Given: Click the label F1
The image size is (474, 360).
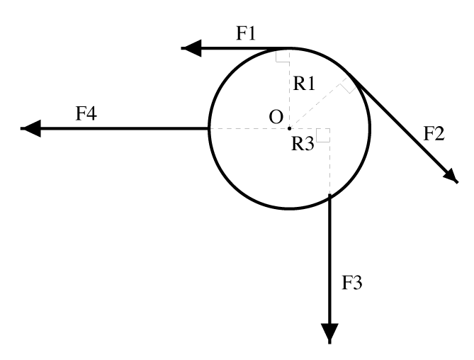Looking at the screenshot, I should pyautogui.click(x=247, y=33).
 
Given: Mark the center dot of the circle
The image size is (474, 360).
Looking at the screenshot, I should pyautogui.click(x=289, y=128).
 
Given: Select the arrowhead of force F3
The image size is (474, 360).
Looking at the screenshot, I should pyautogui.click(x=330, y=333).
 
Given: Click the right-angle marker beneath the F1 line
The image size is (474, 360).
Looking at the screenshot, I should pyautogui.click(x=282, y=55).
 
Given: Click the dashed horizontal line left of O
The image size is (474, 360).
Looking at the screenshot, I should pyautogui.click(x=248, y=128).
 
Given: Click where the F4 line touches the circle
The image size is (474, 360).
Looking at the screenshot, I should pyautogui.click(x=209, y=128).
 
